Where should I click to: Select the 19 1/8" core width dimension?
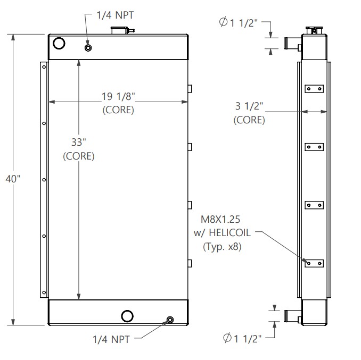(x=118, y=97)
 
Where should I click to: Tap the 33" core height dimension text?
(x=79, y=142)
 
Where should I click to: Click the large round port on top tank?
(x=58, y=43)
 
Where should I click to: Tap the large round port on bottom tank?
(x=127, y=316)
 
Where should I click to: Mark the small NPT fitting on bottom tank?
(x=170, y=320)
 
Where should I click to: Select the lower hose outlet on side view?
(x=292, y=316)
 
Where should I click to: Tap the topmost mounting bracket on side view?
(x=314, y=89)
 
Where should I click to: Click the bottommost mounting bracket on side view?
(x=314, y=263)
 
